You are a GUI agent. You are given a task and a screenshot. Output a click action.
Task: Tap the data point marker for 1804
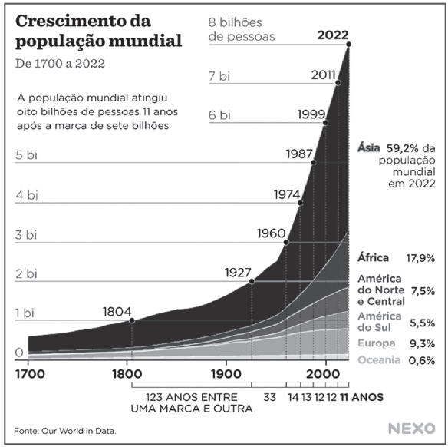132,320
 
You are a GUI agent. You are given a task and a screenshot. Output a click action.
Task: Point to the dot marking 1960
286,242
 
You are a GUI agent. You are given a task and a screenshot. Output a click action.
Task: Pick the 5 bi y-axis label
26,154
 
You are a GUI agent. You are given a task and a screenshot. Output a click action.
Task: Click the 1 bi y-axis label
25,313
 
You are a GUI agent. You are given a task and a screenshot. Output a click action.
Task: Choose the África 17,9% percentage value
420,258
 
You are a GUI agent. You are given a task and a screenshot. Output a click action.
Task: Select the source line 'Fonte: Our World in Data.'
65,430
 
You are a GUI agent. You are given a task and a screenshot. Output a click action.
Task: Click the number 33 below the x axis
269,397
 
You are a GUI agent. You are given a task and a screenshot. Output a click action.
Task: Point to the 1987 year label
298,153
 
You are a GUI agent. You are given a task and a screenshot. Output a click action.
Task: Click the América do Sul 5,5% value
422,324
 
